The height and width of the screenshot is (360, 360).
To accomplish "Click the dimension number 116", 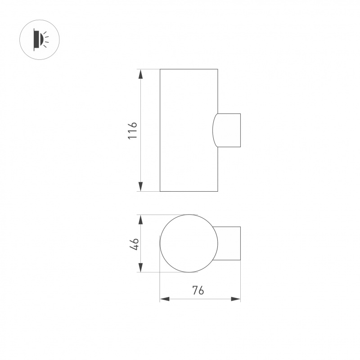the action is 133,130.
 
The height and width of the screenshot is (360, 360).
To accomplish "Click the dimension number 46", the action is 134,244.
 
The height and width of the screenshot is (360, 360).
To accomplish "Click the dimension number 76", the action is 198,290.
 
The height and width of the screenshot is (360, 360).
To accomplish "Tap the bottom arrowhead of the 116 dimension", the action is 140,186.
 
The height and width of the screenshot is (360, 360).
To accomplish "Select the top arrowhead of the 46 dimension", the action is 140,220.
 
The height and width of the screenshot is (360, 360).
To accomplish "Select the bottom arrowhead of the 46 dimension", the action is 140,267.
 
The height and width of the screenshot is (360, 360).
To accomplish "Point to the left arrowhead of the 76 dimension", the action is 165,299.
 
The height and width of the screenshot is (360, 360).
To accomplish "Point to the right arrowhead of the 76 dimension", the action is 235,299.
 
